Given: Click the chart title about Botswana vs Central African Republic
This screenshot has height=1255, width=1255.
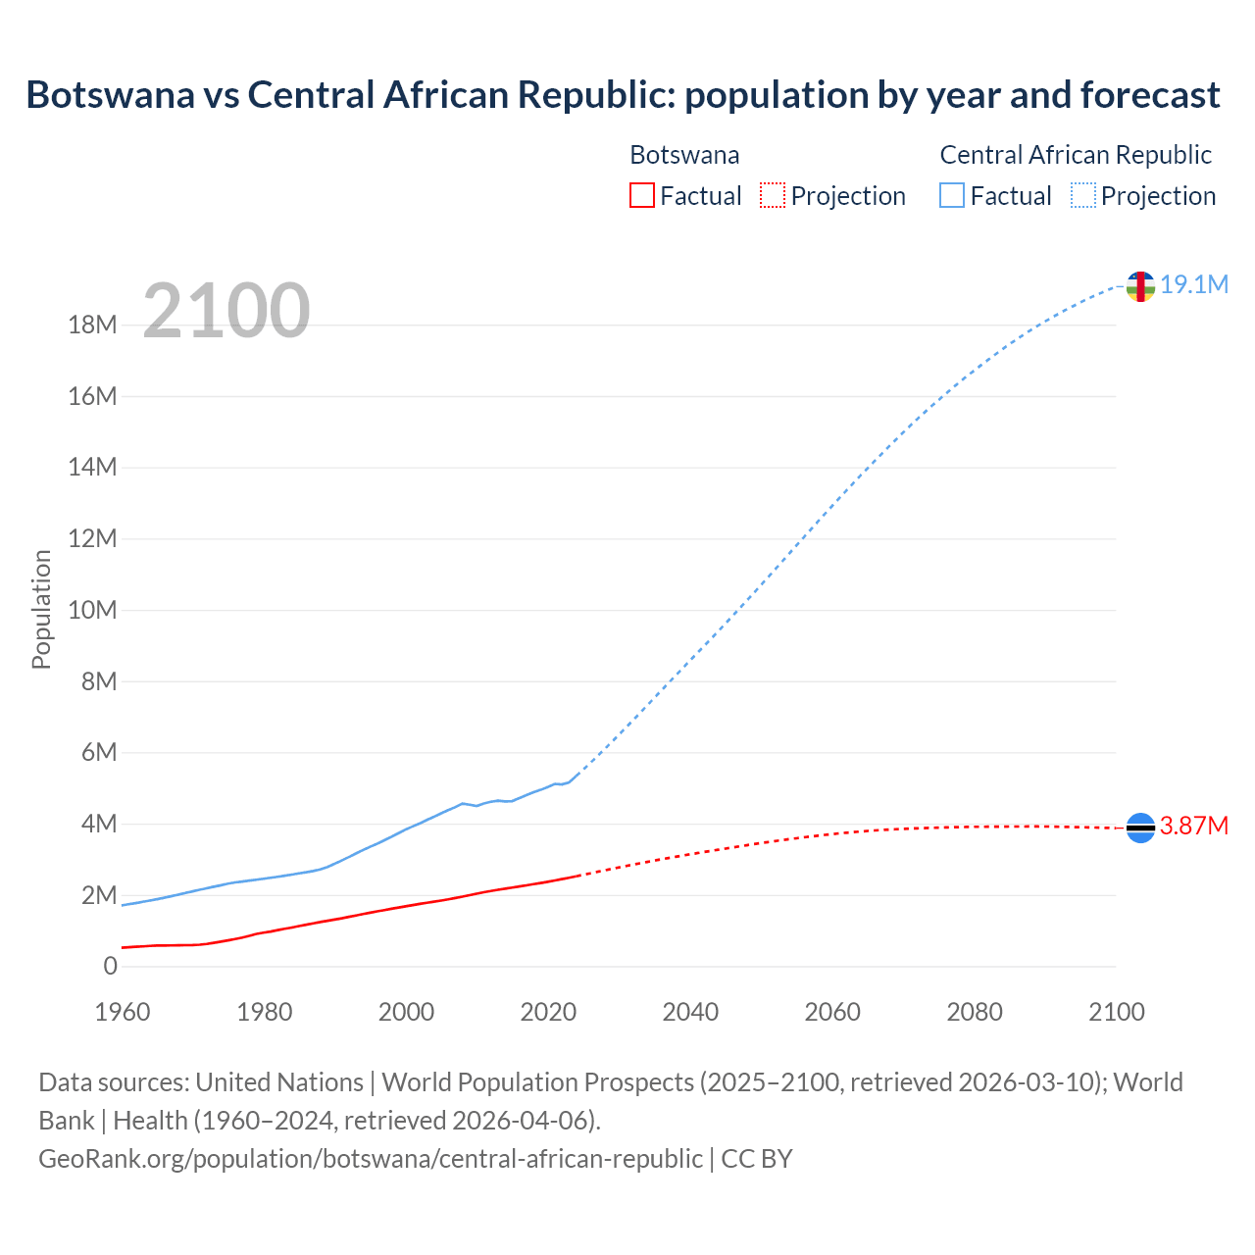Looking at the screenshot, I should pyautogui.click(x=623, y=95).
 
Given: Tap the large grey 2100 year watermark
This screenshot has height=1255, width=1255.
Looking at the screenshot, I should pyautogui.click(x=226, y=311).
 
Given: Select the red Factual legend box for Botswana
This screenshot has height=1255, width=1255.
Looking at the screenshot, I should pyautogui.click(x=642, y=195).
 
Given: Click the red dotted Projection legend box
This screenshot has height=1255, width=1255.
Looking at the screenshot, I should pyautogui.click(x=773, y=195).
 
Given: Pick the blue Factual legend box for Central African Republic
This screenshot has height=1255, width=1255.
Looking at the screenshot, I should pyautogui.click(x=952, y=195).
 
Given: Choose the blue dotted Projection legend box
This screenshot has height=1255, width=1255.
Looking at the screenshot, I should pyautogui.click(x=1083, y=195).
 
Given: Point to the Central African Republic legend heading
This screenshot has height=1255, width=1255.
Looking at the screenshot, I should pyautogui.click(x=1076, y=155).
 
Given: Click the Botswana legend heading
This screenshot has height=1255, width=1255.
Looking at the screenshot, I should pyautogui.click(x=684, y=155).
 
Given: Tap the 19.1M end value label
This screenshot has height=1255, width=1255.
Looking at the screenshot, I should pyautogui.click(x=1194, y=284).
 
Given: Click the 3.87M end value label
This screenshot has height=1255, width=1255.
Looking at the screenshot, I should pyautogui.click(x=1194, y=827).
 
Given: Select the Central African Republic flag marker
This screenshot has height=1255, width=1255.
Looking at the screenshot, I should pyautogui.click(x=1140, y=286).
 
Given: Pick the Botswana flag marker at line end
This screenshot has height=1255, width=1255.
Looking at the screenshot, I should pyautogui.click(x=1140, y=828).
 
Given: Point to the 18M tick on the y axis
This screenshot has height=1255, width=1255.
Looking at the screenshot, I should pyautogui.click(x=92, y=326).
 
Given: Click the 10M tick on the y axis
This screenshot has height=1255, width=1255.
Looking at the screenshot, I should pyautogui.click(x=92, y=611).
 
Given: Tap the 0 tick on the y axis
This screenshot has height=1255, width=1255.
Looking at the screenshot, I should pyautogui.click(x=110, y=967).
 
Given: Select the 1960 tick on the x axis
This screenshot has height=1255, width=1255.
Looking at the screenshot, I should pyautogui.click(x=123, y=1012).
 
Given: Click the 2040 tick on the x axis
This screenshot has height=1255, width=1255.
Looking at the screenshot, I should pyautogui.click(x=690, y=1012).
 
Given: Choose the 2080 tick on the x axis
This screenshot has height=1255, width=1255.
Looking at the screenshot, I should pyautogui.click(x=975, y=1012).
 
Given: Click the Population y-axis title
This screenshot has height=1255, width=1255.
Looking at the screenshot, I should pyautogui.click(x=41, y=609).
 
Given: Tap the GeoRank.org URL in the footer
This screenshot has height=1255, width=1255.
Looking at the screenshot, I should pyautogui.click(x=371, y=1159).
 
